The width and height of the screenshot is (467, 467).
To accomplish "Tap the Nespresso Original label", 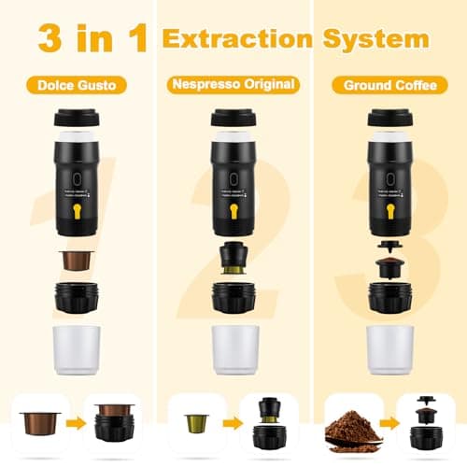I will [x=233, y=85].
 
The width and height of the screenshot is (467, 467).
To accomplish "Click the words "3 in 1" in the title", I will [x=92, y=38].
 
